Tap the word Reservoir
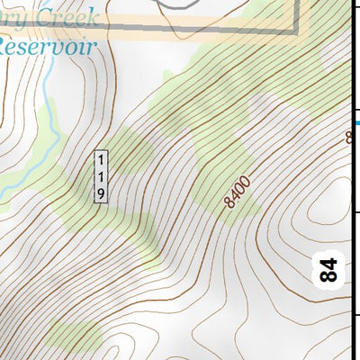point(47,46)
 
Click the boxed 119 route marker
point(102,175)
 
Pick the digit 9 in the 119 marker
point(102,192)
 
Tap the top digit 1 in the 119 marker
point(102,158)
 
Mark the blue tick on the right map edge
point(355,122)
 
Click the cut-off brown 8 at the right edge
point(349,137)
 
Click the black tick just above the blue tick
point(354,103)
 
